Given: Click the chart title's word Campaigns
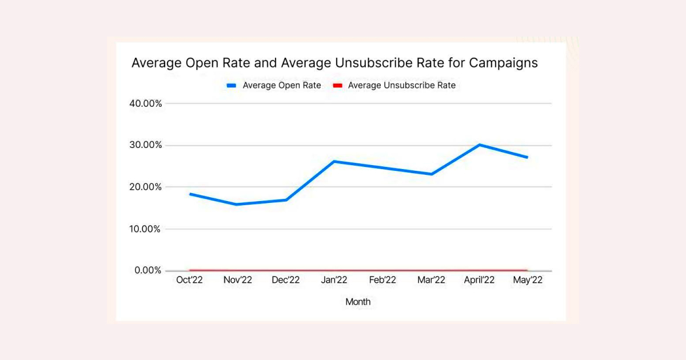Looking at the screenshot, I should pyautogui.click(x=503, y=63).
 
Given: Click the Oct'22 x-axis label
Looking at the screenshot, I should pyautogui.click(x=189, y=280).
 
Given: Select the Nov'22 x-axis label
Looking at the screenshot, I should pyautogui.click(x=237, y=280).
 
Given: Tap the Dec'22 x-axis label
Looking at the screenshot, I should pyautogui.click(x=286, y=280).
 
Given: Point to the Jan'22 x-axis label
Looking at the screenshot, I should pyautogui.click(x=334, y=280).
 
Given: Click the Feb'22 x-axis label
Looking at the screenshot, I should pyautogui.click(x=382, y=280).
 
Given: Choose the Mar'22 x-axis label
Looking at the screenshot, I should pyautogui.click(x=431, y=280).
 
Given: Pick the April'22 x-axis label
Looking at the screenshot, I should pyautogui.click(x=479, y=280).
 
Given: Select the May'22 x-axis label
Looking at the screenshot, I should pyautogui.click(x=528, y=280).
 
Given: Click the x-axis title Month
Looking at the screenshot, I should pyautogui.click(x=358, y=302).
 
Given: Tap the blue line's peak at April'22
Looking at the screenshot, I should pyautogui.click(x=480, y=145).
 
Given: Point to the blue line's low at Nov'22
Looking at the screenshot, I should pyautogui.click(x=237, y=205).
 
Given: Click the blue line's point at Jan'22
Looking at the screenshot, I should pyautogui.click(x=334, y=161).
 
